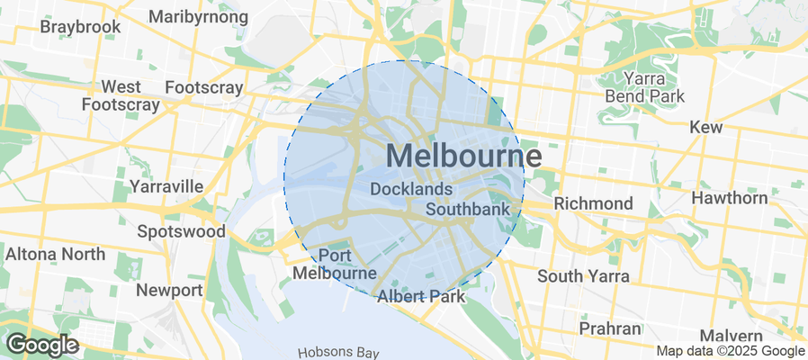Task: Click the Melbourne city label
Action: tap(464, 157)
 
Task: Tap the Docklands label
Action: tap(411, 190)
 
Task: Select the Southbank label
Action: tap(468, 209)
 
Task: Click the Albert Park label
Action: tap(420, 296)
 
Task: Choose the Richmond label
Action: tap(593, 203)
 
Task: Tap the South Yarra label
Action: tap(583, 275)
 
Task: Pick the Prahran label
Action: tap(609, 328)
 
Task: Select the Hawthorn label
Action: tap(730, 198)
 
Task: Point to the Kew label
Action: tap(706, 128)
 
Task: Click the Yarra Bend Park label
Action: tap(645, 87)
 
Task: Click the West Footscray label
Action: tap(120, 95)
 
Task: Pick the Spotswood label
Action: tap(181, 231)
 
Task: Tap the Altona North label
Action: tap(55, 254)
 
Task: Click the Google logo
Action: tap(41, 344)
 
